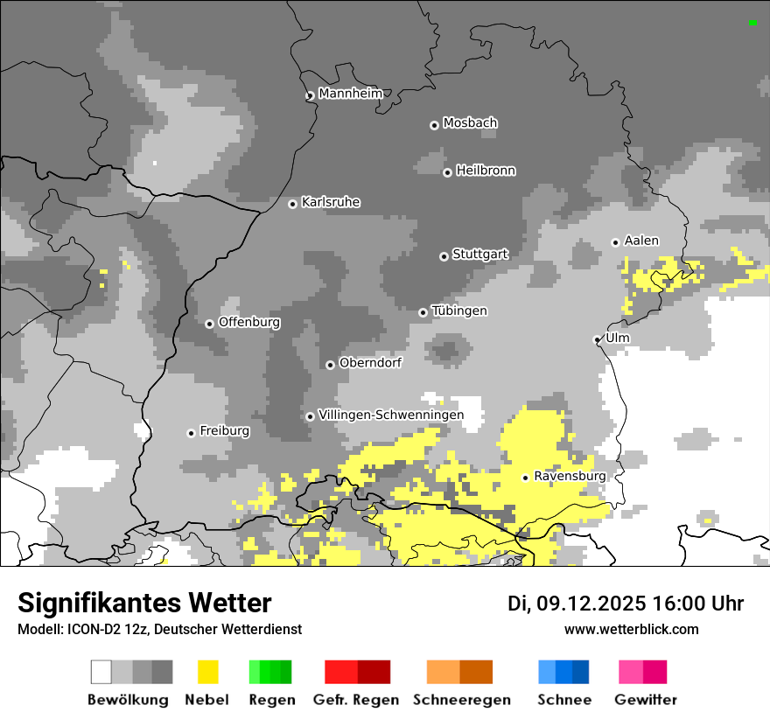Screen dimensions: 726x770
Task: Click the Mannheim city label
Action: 350,94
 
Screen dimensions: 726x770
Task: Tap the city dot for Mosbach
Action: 434,125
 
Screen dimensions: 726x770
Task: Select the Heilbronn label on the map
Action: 486,171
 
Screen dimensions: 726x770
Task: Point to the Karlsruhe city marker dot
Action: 293,204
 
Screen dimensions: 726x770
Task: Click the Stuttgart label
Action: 479,255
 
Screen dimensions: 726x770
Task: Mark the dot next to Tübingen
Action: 423,312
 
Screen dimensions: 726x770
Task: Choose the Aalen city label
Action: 641,241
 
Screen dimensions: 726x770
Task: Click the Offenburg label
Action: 249,322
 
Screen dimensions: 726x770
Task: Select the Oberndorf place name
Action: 370,362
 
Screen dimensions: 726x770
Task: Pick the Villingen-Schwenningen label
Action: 391,415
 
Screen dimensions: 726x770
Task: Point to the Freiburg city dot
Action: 191,433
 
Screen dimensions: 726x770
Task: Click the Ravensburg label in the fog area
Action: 570,476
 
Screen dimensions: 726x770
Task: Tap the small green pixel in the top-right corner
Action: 752,23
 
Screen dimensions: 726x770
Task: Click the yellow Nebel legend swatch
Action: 208,672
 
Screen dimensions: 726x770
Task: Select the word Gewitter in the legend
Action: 645,700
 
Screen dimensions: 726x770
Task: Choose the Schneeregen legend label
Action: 461,700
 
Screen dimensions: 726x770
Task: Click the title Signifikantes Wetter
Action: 144,604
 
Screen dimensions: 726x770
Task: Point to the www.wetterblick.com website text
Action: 631,629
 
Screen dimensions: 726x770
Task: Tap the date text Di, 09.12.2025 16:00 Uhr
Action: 626,604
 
